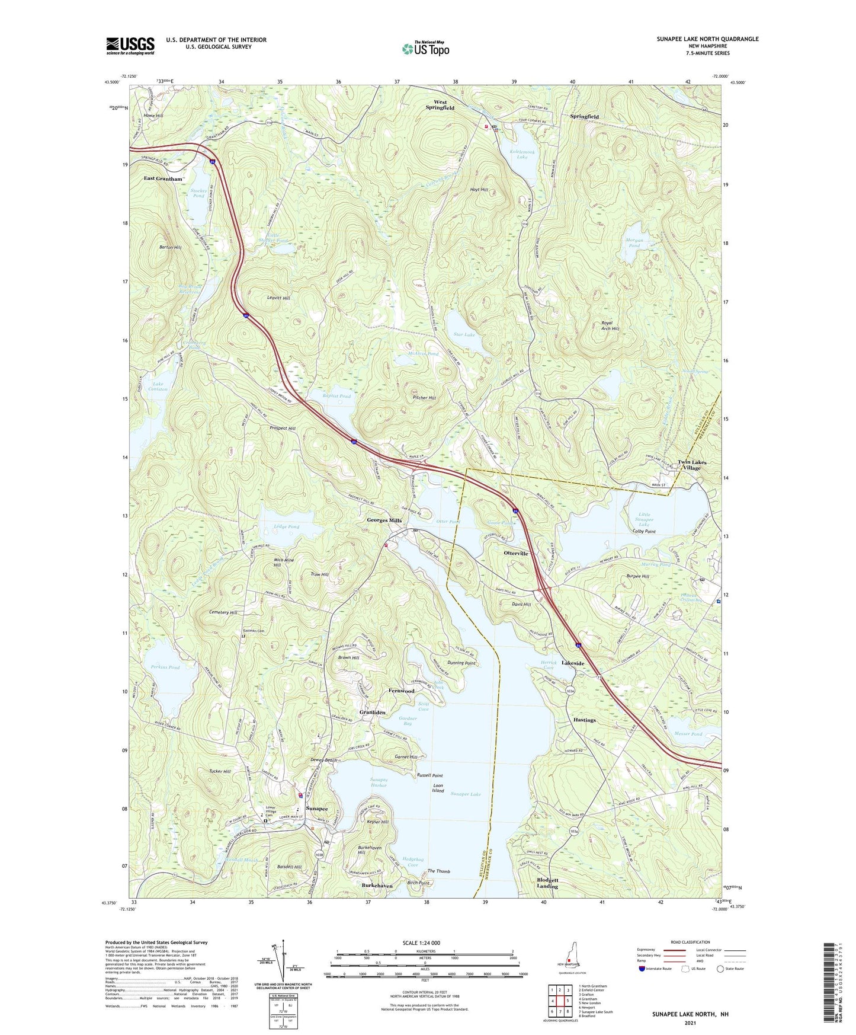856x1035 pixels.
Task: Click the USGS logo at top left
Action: coord(130,46)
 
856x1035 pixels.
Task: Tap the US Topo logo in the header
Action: coord(425,48)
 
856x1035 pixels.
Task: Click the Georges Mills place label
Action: coord(384,520)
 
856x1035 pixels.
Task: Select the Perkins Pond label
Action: coord(165,667)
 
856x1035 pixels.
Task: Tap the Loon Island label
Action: coord(438,788)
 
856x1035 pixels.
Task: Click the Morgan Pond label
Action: coord(634,242)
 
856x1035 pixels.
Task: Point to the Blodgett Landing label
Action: coord(547,883)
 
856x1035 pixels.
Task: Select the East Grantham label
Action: coord(163,178)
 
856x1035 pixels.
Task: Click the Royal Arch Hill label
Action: coord(610,325)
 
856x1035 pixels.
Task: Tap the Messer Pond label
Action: coord(688,734)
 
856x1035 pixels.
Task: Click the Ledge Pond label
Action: coord(286,526)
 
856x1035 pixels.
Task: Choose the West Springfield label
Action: coord(440,105)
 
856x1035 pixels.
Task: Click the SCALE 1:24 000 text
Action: coord(421,943)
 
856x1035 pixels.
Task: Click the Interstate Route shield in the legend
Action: coord(643,969)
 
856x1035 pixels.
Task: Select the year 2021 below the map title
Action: coord(690,1023)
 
